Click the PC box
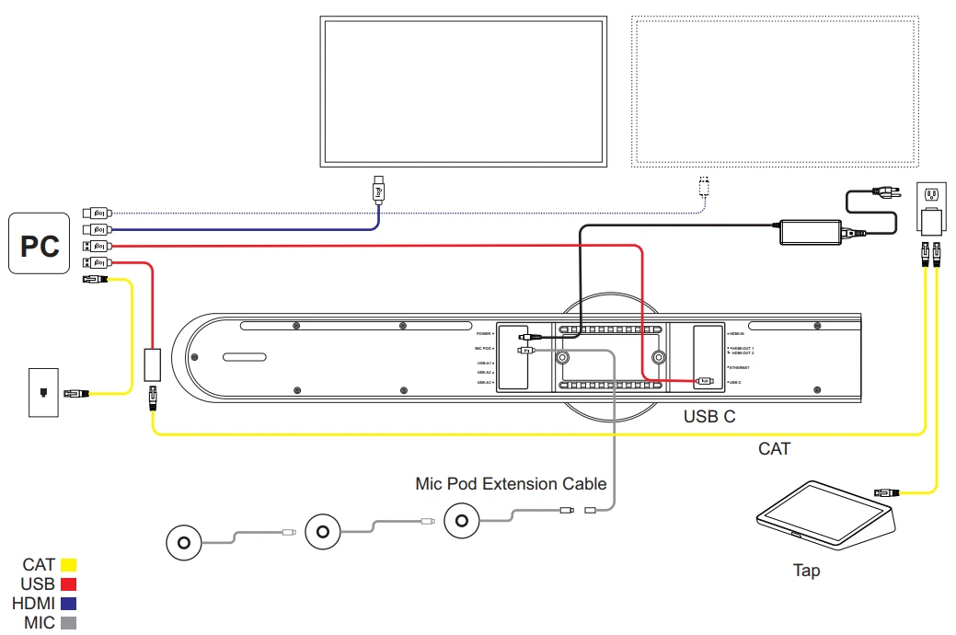[x=40, y=245]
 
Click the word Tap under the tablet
[x=806, y=571]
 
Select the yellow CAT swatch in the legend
[x=68, y=565]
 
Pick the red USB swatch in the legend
[x=68, y=584]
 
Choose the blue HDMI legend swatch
[x=68, y=604]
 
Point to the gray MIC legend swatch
[x=68, y=623]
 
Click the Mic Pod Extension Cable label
[x=511, y=483]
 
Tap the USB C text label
[x=709, y=417]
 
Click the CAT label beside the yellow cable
[x=774, y=449]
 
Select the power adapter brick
[x=811, y=231]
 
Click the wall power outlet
[x=931, y=194]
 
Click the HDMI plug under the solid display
[x=377, y=190]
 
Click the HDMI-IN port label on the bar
[x=736, y=333]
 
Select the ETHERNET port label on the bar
[x=738, y=366]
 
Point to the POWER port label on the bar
[x=485, y=333]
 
